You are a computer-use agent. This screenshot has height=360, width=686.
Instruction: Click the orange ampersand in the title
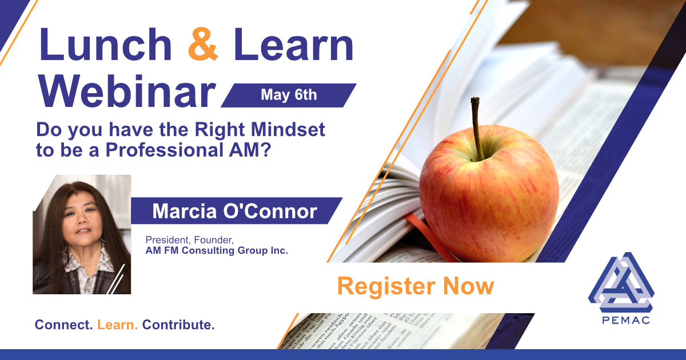tap(203, 44)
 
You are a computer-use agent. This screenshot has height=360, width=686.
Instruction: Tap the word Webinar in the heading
tap(126, 91)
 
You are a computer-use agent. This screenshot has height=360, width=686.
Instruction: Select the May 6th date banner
tap(289, 95)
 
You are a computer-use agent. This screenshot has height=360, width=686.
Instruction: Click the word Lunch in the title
tap(105, 44)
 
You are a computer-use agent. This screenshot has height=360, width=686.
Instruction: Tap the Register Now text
tap(416, 286)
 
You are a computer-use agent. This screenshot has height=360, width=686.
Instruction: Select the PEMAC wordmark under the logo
tap(626, 320)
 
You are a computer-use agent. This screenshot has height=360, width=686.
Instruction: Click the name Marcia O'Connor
tap(234, 211)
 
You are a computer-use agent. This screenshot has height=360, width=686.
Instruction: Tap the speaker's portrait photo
tap(82, 234)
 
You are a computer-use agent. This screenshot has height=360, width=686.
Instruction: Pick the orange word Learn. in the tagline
tap(117, 325)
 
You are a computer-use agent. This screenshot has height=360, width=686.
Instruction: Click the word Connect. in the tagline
tap(63, 325)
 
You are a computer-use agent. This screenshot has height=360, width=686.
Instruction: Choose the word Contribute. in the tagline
tap(178, 325)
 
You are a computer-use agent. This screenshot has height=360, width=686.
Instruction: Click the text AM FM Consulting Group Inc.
tap(217, 250)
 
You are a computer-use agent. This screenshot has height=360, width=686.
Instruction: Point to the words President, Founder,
tap(190, 240)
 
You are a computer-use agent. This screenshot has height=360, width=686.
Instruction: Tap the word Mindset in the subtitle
tap(288, 130)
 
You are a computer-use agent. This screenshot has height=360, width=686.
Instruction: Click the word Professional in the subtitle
tap(164, 150)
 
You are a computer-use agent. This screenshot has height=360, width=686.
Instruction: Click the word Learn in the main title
tap(293, 44)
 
